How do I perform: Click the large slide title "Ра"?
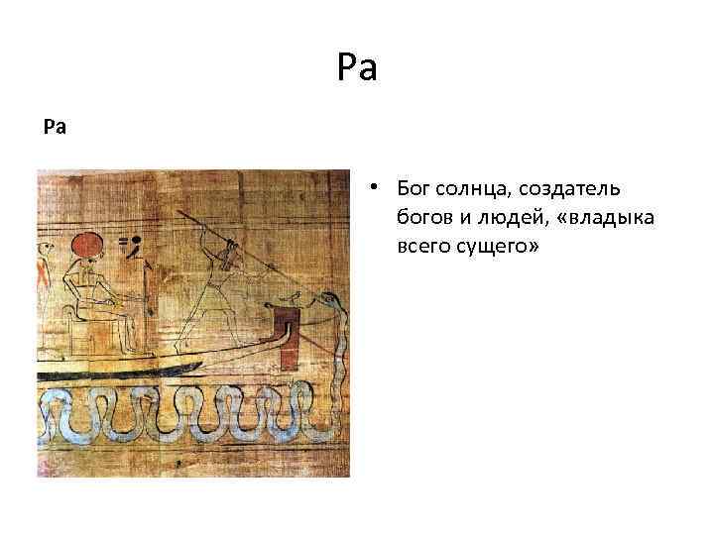(357, 69)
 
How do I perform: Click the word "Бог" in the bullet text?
(413, 188)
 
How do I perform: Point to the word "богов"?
(422, 218)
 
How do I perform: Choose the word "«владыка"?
(604, 218)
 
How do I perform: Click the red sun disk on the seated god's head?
(85, 245)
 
